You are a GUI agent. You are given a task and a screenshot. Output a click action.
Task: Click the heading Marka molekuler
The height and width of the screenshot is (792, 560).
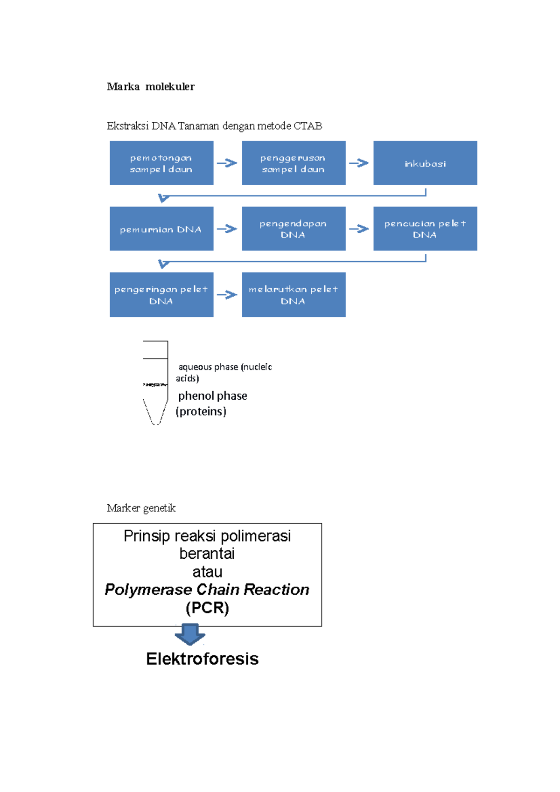150,87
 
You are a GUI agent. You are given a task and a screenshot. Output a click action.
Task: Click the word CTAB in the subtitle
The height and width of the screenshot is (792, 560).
308,126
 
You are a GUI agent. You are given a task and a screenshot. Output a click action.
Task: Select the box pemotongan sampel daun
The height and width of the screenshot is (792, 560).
161,163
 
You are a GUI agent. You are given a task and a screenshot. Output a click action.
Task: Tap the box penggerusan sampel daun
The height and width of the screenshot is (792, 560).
294,163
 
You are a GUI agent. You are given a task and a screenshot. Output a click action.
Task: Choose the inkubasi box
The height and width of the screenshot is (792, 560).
425,163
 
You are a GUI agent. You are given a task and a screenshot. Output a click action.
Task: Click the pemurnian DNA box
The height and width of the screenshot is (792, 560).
161,229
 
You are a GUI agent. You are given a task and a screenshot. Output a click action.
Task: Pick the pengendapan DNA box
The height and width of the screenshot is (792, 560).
294,229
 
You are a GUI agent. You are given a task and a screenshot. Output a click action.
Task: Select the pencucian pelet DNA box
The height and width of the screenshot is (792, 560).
425,229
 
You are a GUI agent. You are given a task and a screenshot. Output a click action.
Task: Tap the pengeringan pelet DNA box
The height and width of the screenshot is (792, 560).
161,295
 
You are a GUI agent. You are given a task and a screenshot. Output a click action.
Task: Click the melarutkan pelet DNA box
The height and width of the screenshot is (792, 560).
294,295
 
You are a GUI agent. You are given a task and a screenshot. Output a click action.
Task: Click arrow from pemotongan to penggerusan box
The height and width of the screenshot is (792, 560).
227,163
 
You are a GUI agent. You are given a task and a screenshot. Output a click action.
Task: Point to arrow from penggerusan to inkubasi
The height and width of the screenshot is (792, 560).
359,163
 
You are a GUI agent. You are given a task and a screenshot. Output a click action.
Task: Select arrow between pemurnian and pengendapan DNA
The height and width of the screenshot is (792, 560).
227,229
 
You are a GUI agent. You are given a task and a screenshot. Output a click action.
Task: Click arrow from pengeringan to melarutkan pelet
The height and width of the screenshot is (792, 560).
227,295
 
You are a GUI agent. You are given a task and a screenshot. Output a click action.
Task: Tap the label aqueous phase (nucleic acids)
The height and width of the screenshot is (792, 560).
224,372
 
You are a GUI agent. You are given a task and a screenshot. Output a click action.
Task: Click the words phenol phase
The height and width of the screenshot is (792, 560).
212,396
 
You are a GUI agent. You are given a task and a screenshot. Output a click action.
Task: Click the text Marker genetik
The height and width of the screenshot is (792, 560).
141,508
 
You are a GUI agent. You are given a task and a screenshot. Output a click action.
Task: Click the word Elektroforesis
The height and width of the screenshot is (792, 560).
202,659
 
